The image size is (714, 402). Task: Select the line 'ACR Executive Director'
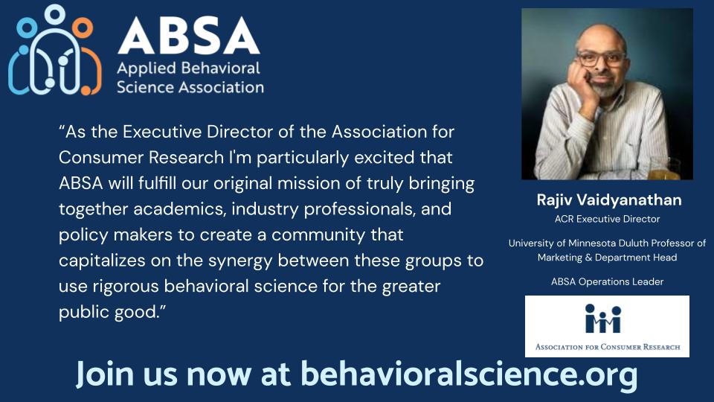click(x=607, y=219)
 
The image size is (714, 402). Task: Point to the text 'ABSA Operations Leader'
click(x=607, y=281)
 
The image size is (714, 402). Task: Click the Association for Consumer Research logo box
click(x=607, y=326)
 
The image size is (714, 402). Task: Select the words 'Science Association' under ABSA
click(x=190, y=87)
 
